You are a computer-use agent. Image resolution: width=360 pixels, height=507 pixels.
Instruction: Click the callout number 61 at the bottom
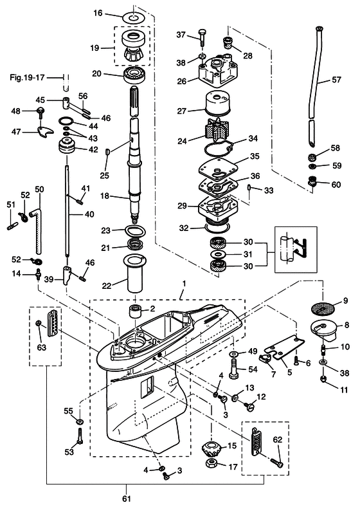click(x=127, y=499)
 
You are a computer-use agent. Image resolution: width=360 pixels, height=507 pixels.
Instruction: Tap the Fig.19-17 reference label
click(x=27, y=78)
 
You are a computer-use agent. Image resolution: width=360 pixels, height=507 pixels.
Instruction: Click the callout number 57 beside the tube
click(x=336, y=80)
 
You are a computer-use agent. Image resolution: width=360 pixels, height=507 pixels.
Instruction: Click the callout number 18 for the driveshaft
click(x=105, y=196)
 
